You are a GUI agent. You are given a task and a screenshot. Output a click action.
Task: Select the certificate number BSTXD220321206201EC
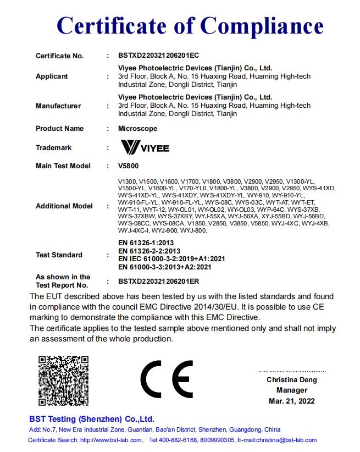point(158,56)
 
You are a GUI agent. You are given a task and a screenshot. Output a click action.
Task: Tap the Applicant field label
point(52,76)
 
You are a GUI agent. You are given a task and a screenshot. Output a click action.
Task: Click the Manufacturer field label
point(58,106)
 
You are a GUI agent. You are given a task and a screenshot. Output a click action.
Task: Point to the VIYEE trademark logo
point(145,147)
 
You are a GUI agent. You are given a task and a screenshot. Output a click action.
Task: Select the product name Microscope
point(137,129)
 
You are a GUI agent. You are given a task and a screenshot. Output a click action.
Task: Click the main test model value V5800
point(128,166)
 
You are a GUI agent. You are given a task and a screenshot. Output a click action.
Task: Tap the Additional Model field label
point(64,206)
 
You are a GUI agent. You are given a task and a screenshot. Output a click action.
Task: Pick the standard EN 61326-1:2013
point(146,242)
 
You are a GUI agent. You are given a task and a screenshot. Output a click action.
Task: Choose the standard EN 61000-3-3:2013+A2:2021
point(165,267)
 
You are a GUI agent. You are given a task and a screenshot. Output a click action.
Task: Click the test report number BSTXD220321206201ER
point(158,282)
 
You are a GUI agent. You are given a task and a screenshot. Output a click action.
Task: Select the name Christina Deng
point(291,380)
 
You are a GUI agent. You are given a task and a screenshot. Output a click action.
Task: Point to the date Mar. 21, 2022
point(291,401)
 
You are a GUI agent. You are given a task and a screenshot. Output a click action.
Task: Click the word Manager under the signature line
point(291,390)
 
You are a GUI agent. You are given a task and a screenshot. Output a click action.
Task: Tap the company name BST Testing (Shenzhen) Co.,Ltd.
point(92,419)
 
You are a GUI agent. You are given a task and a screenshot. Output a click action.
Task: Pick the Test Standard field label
point(59,255)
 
